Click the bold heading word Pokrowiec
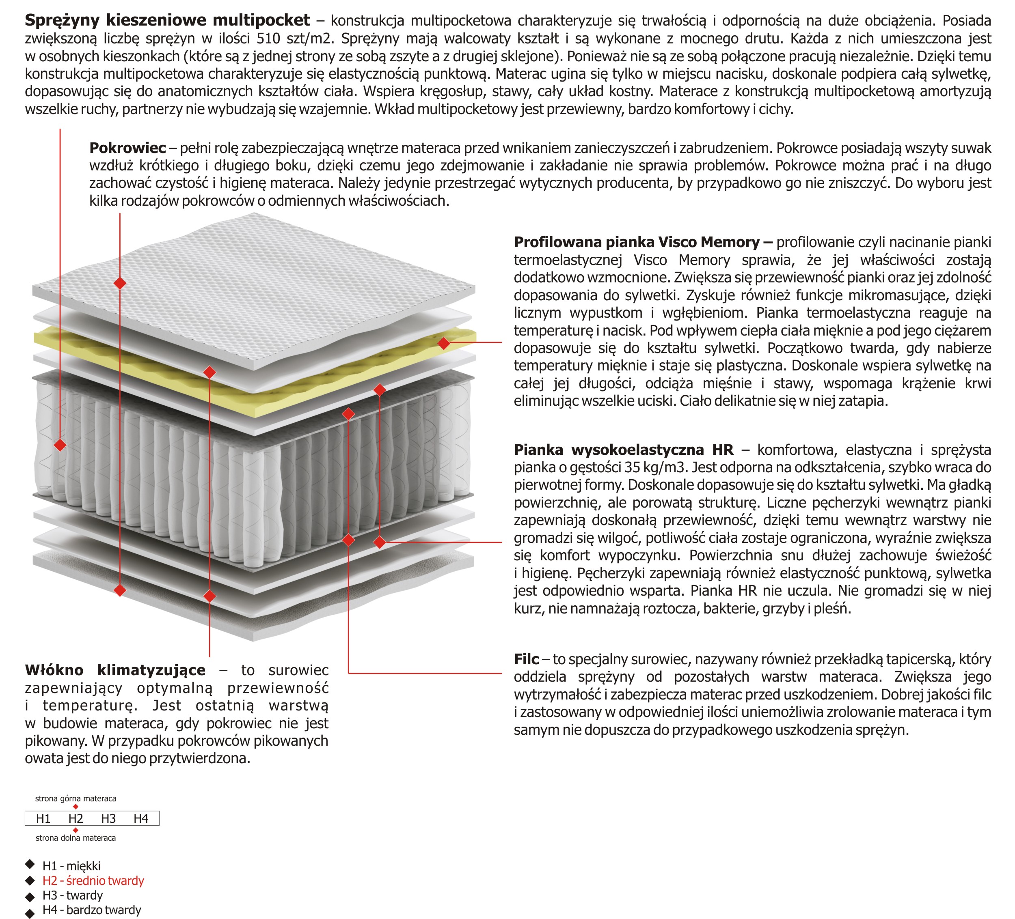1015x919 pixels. pos(127,148)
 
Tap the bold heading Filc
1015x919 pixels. pos(526,659)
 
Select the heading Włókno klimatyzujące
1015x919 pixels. pos(115,670)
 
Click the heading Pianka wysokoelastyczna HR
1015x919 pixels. pos(623,450)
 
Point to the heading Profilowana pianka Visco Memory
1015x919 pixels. pos(642,242)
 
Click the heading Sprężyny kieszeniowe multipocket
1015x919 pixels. pos(167,20)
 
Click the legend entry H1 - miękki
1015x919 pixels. pos(71,866)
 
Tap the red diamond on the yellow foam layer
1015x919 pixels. pos(444,343)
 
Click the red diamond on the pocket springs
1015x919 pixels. pos(60,445)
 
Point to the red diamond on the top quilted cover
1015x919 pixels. pos(120,283)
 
